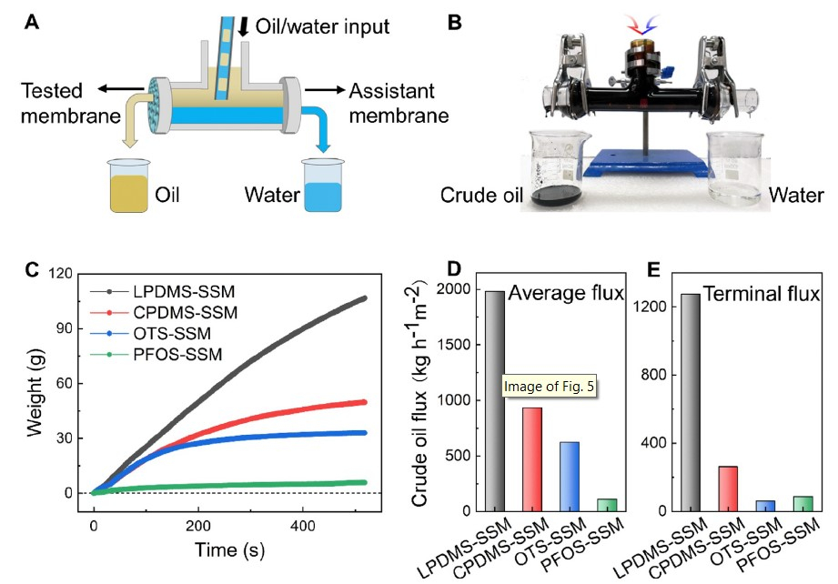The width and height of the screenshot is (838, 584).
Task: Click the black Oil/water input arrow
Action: click(243, 25)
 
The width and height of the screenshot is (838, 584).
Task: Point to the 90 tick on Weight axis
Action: click(73, 383)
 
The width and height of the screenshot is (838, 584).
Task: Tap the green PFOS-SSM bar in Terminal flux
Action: click(802, 502)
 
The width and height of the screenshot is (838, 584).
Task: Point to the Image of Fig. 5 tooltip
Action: click(554, 388)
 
